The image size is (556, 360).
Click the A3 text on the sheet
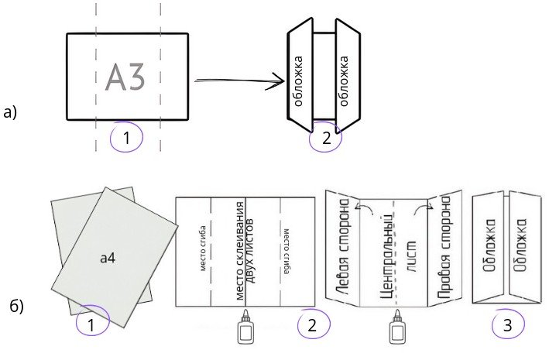click(125, 77)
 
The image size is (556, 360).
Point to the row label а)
click(10, 112)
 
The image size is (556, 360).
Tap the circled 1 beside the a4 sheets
click(92, 324)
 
